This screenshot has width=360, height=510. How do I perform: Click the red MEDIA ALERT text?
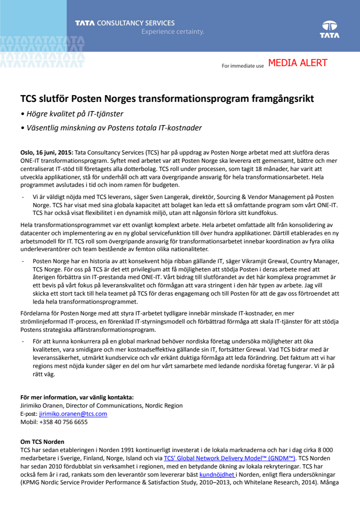[298, 63]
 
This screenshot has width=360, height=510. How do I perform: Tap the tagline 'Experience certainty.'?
[173, 32]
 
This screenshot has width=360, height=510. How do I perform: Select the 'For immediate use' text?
[243, 66]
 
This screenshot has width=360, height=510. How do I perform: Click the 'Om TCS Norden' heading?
[42, 442]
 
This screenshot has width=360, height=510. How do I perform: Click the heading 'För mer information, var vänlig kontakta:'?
[77, 397]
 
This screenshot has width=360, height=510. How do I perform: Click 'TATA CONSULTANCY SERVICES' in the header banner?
[125, 23]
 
